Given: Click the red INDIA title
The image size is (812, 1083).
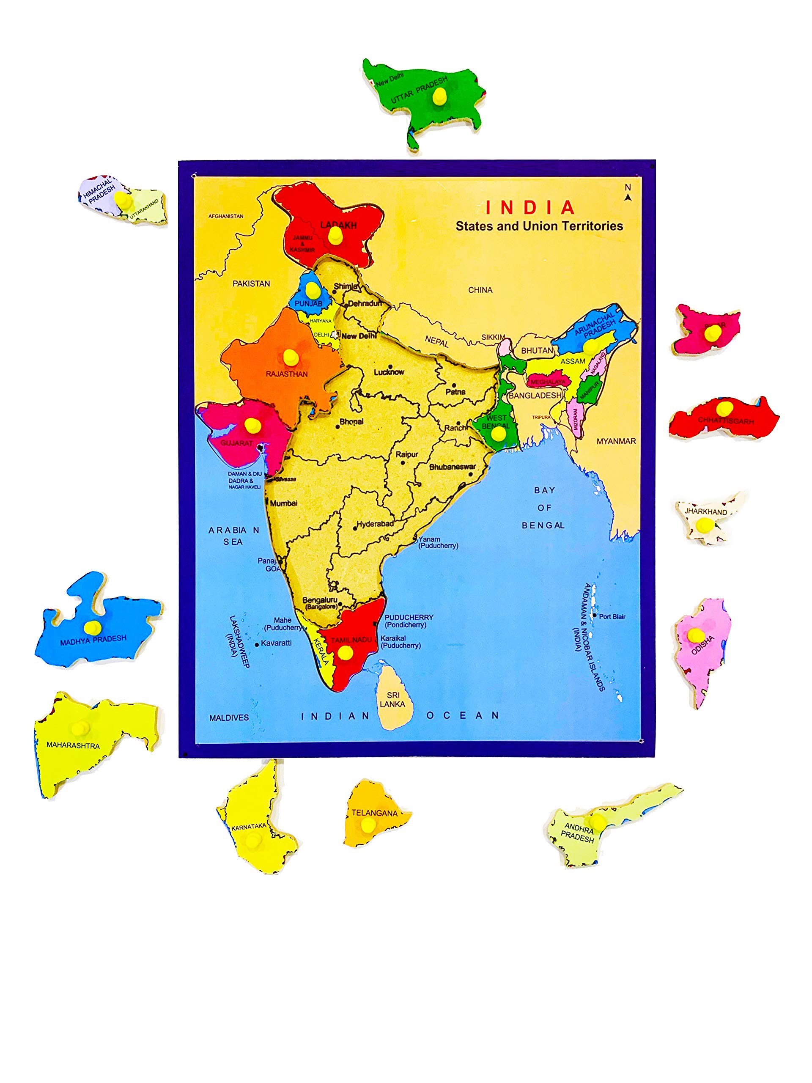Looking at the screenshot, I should (530, 208).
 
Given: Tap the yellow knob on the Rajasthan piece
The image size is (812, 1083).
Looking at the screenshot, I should (291, 357).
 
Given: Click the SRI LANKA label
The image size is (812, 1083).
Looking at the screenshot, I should (392, 699).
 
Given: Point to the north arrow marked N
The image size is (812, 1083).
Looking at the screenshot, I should (628, 192).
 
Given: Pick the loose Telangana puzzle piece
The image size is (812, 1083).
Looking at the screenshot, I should (374, 814).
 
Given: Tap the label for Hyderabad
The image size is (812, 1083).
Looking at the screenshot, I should (375, 524).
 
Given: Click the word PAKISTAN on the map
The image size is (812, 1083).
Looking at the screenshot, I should (251, 283).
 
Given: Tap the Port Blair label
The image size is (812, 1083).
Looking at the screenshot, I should (612, 617).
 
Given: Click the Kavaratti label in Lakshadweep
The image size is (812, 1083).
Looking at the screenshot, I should (276, 643).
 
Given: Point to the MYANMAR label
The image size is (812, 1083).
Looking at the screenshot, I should (616, 441).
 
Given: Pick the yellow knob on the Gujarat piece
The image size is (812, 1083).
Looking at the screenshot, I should (252, 425).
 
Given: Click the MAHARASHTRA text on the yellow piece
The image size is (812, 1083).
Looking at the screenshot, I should (73, 745).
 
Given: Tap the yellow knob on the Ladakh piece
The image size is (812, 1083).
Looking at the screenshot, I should (335, 236).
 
